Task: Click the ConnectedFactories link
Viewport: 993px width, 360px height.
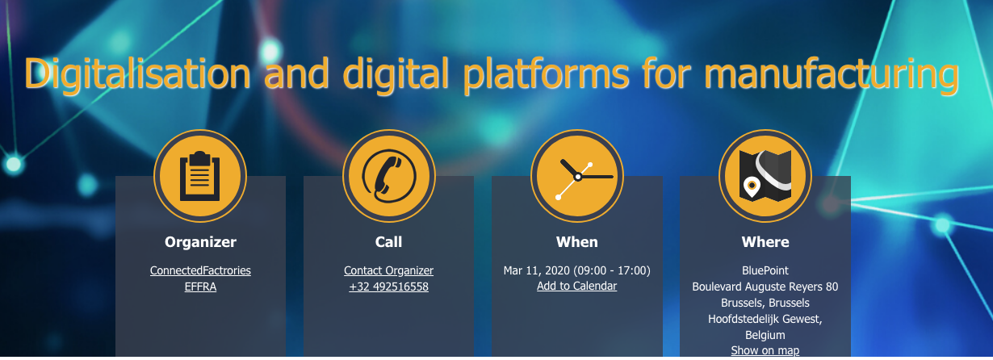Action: coord(200,270)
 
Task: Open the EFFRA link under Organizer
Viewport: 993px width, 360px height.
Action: coord(200,287)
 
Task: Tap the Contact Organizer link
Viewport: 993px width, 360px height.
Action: coord(389,270)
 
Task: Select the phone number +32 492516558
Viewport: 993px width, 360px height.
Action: coord(389,287)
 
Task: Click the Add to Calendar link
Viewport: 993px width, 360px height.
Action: coord(576,286)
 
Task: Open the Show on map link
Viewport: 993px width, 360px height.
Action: coord(765,350)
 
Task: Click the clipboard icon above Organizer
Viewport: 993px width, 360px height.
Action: coord(200,176)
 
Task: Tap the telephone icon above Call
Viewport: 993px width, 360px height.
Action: coord(389,176)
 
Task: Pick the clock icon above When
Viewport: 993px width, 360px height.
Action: coord(577,176)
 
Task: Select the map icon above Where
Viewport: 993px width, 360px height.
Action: coord(765,176)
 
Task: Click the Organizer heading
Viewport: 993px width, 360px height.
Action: coord(200,242)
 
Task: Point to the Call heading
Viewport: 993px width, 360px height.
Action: coord(389,241)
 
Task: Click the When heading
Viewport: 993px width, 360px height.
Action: coord(577,241)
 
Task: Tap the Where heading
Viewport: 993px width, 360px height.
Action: coord(765,241)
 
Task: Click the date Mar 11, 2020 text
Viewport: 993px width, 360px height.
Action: coord(536,270)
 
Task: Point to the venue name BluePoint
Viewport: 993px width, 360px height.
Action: coord(765,270)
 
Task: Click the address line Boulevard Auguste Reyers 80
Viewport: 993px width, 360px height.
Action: coord(765,287)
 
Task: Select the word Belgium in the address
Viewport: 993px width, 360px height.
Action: coord(765,335)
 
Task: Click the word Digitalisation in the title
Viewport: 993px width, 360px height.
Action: coord(137,74)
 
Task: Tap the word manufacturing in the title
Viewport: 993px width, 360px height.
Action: coord(832,75)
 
